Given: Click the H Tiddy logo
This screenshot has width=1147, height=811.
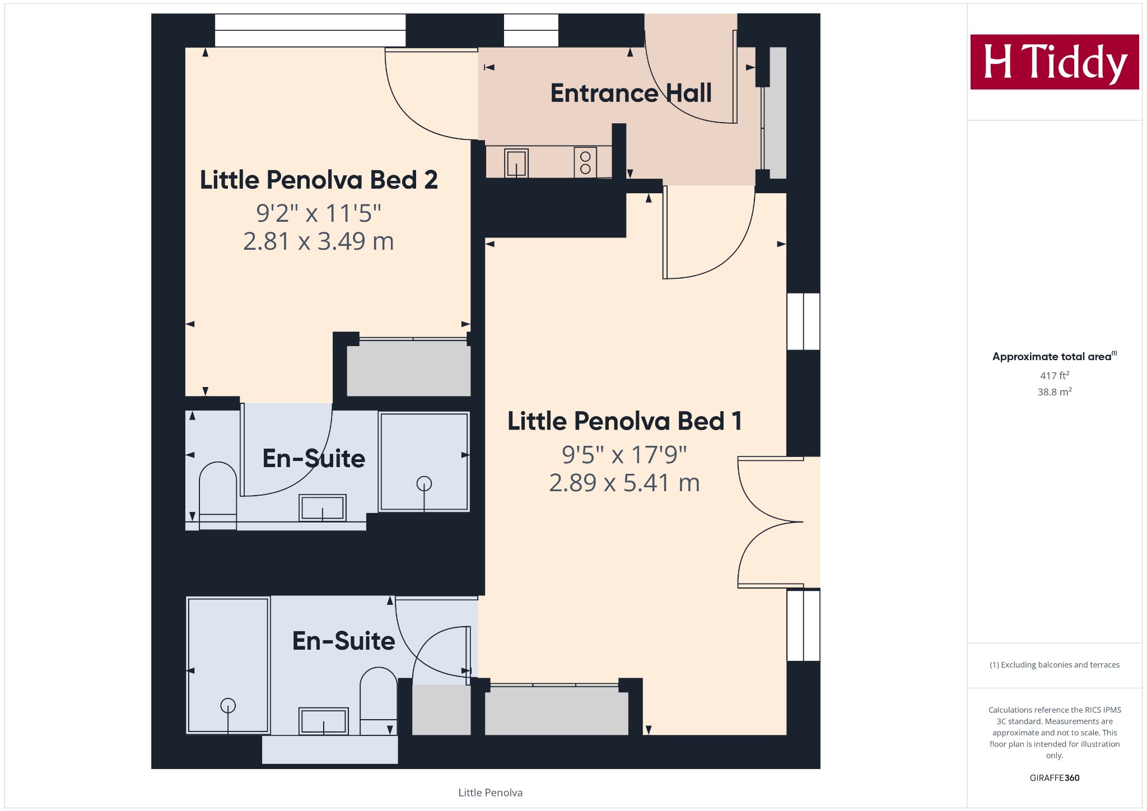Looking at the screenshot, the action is tap(1055, 62).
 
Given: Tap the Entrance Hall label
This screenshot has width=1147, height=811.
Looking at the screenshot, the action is tap(631, 93).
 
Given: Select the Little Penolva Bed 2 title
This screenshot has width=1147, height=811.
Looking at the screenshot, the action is tap(319, 180).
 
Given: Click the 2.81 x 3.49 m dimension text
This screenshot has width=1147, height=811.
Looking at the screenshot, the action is tap(319, 241).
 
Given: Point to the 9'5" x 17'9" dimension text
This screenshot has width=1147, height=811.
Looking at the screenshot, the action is tap(624, 455).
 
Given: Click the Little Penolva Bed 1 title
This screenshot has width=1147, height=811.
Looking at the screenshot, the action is tap(625, 421).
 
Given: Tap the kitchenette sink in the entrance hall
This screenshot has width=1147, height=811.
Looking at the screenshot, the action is tap(516, 163).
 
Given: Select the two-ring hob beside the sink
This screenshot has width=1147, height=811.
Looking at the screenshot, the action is tap(585, 162).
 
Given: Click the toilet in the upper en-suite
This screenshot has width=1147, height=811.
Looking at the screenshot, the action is tap(218, 496).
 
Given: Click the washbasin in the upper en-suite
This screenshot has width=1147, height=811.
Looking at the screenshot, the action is tap(323, 508).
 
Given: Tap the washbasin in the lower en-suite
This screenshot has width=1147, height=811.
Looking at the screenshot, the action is tap(324, 721).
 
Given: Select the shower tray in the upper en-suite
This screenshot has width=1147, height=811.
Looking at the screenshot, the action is tap(424, 462).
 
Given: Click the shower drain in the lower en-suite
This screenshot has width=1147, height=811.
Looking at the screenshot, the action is tap(228, 706).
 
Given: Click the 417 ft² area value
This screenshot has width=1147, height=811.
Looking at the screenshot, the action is tap(1055, 375).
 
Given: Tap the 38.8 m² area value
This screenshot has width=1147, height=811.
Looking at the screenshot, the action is tap(1055, 392).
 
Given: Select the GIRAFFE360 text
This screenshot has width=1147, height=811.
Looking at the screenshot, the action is tap(1055, 778).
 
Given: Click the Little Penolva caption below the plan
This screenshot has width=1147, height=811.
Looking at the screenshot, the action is tap(491, 793).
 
